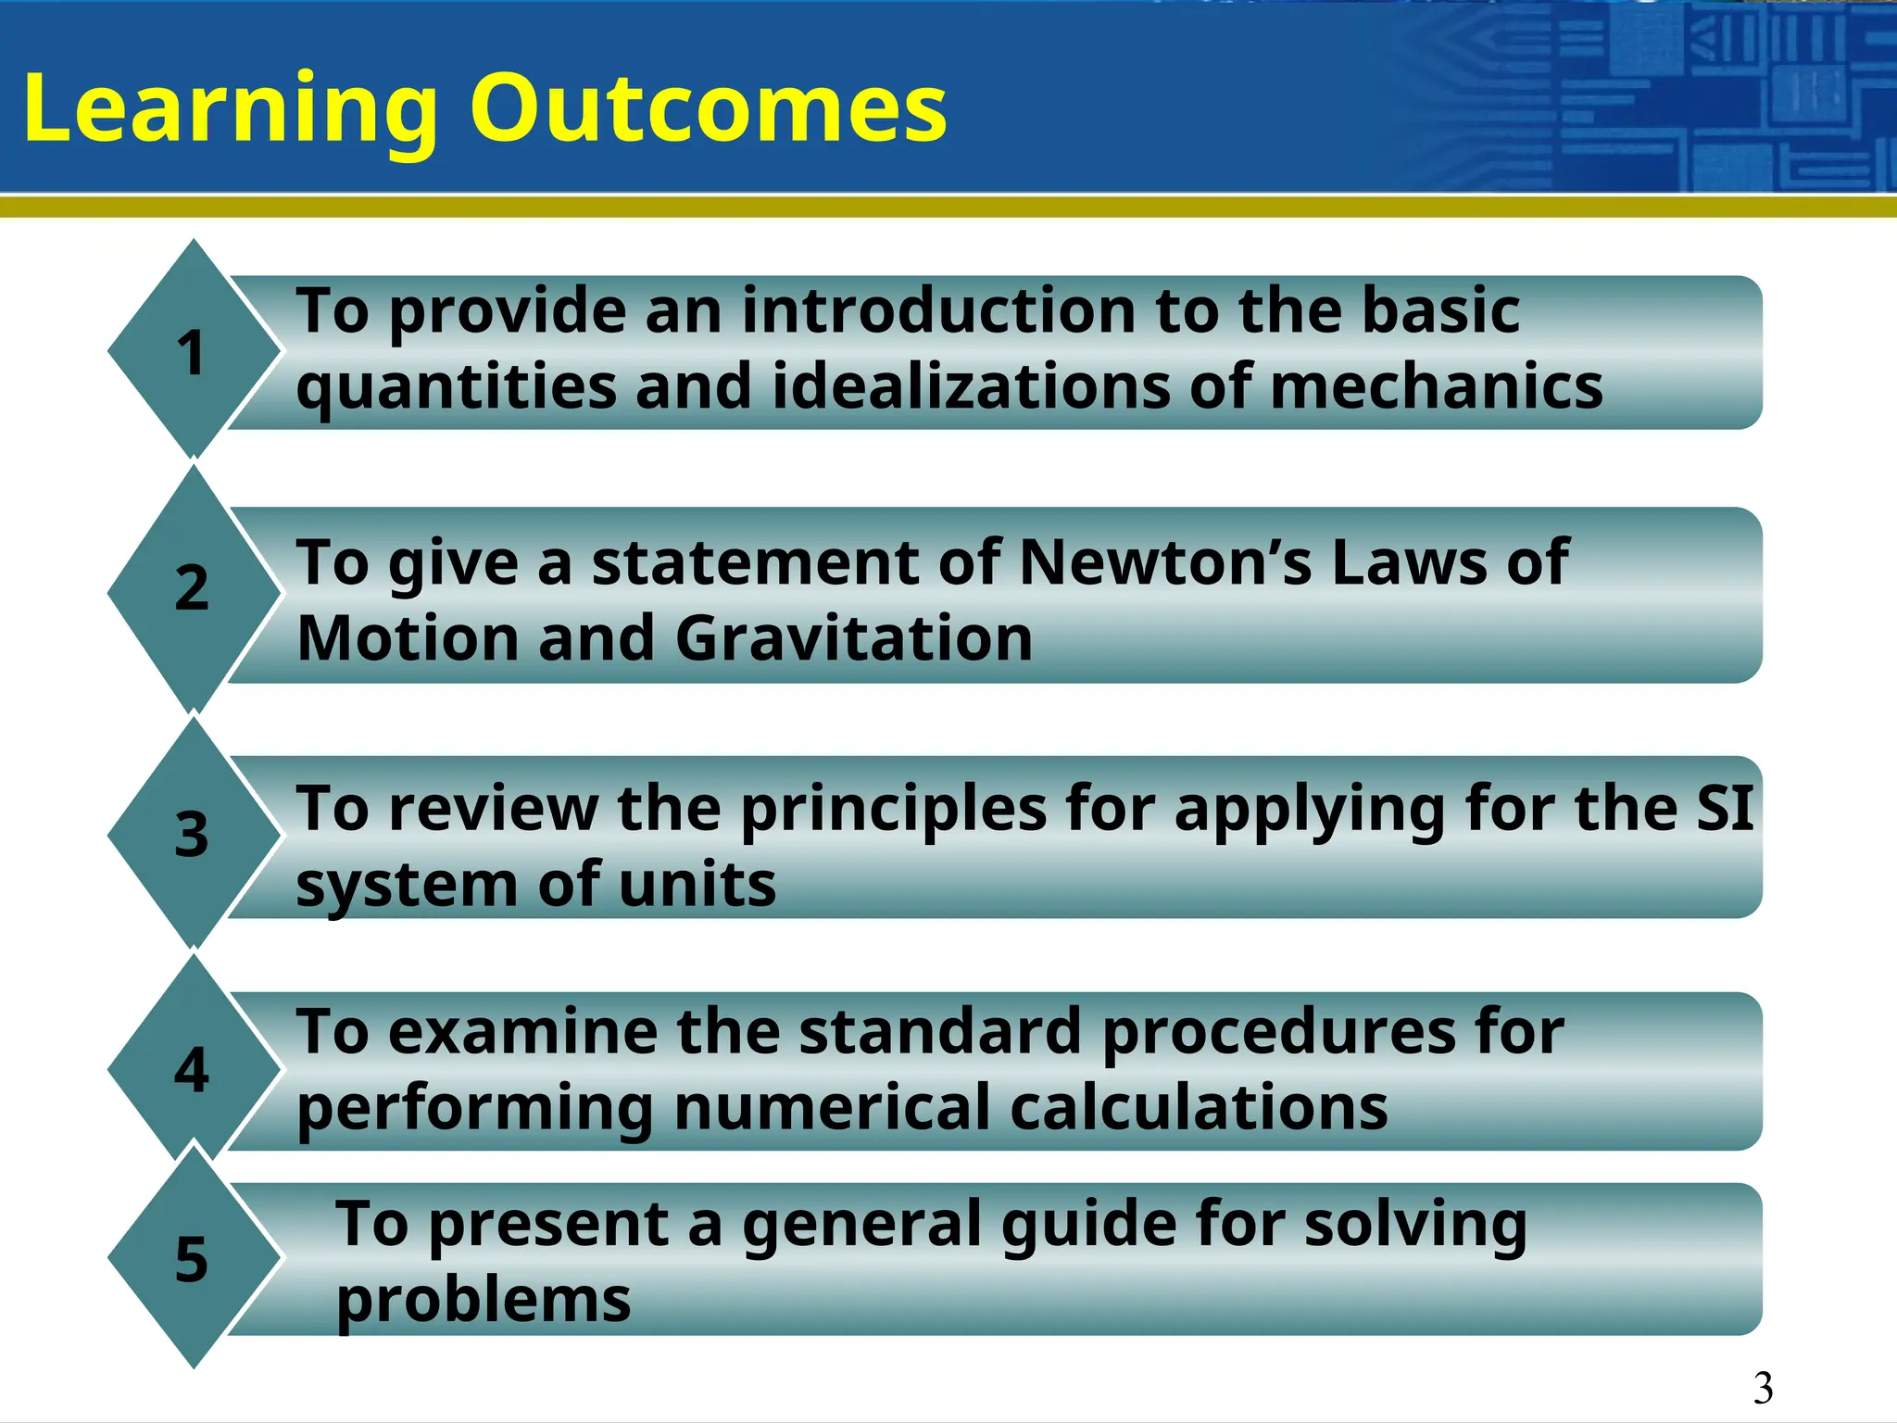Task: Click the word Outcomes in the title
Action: pos(709,109)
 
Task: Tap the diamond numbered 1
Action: pos(193,350)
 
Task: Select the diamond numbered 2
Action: pos(193,589)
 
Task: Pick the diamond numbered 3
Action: pos(193,834)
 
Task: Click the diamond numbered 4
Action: pos(193,1069)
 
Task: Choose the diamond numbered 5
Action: pos(193,1258)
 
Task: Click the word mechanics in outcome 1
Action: pos(1436,387)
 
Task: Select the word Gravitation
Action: pos(853,639)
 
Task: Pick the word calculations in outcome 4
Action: pos(1199,1108)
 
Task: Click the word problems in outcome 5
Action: pos(483,1301)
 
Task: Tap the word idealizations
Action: pos(971,387)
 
